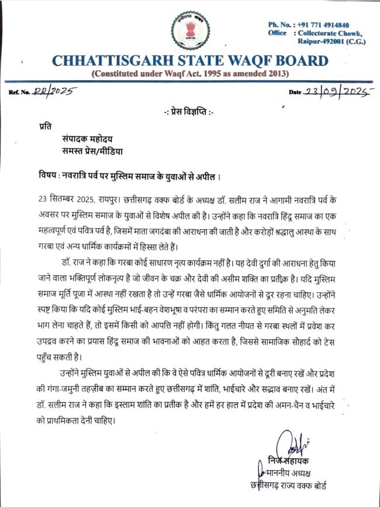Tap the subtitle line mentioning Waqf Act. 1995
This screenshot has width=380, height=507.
pyautogui.click(x=190, y=74)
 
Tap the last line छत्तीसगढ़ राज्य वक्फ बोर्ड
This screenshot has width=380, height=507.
pyautogui.click(x=288, y=486)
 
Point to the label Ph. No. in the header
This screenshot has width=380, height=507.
pyautogui.click(x=281, y=25)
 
